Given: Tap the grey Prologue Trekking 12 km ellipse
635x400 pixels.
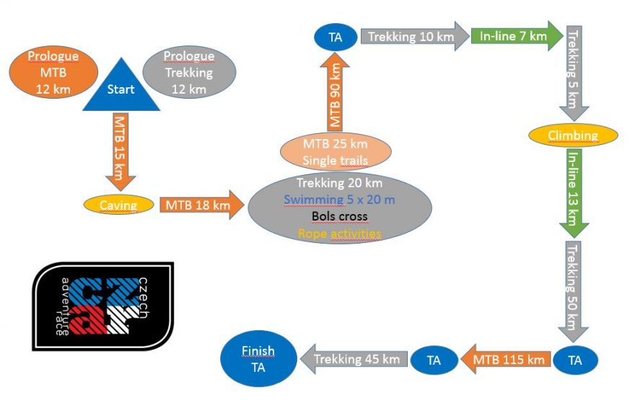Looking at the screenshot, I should (x=188, y=72).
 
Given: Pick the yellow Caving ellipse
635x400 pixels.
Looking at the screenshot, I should (x=118, y=205).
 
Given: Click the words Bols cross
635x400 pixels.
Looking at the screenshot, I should (x=339, y=216).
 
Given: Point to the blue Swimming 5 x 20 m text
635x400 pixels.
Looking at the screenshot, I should (x=339, y=200).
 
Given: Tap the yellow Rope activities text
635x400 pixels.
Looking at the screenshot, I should (x=339, y=233).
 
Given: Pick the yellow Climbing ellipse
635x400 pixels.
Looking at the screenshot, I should (x=573, y=135).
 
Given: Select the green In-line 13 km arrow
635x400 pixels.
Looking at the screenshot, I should (x=574, y=192).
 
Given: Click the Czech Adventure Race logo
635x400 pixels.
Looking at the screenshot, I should (x=102, y=306).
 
